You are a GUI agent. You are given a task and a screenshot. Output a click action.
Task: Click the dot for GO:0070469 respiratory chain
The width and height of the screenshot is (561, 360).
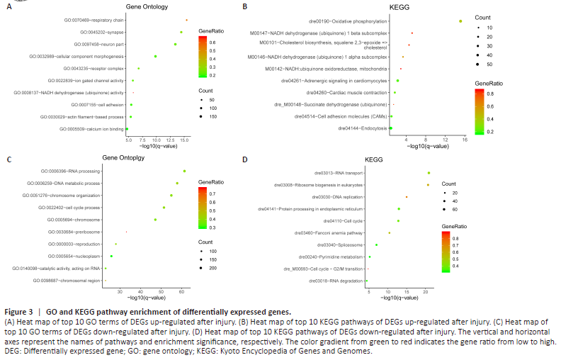coord(187,21)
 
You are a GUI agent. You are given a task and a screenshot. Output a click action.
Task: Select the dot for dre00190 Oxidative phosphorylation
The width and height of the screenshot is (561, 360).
coord(460,21)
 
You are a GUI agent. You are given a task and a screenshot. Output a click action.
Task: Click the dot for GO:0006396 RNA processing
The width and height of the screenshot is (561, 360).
coord(184,171)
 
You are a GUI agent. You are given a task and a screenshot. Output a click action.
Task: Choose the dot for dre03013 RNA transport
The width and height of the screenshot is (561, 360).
coord(429,173)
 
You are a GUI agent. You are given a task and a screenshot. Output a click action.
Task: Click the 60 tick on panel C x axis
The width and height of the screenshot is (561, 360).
coord(182,291)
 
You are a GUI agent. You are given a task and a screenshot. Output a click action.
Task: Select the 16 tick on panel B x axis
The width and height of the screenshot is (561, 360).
coord(465,140)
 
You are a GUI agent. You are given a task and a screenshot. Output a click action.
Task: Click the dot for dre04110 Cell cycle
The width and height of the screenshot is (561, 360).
coord(398,220)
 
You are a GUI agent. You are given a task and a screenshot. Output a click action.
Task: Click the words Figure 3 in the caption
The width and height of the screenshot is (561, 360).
coord(16,312)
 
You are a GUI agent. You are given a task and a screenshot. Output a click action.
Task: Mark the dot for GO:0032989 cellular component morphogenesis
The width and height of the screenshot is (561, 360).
coord(155,56)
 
